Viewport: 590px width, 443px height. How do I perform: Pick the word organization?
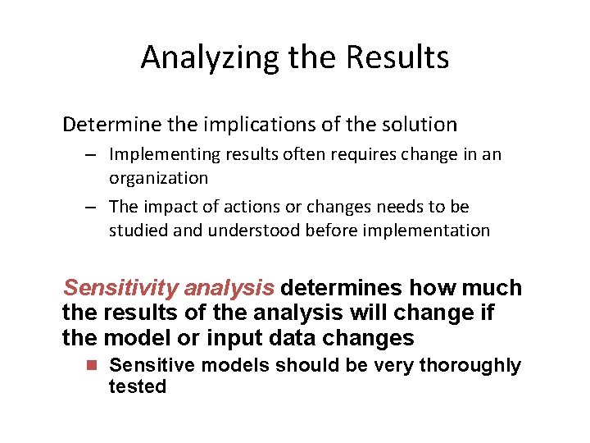[158, 178]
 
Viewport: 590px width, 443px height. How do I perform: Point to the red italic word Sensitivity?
[120, 288]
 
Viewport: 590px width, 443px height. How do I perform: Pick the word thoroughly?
[470, 366]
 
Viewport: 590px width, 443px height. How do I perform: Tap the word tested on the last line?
[138, 386]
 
